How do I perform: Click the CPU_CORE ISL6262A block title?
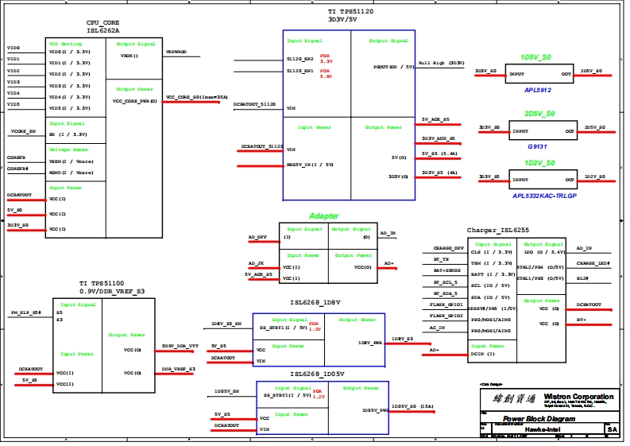point(102,26)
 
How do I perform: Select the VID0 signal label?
point(13,48)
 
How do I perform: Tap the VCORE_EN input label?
point(23,130)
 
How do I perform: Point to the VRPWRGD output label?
point(176,52)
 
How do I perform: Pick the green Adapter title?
point(323,216)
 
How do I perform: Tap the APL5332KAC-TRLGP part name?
point(544,196)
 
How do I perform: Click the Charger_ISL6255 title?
point(498,230)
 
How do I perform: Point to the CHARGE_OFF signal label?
point(448,248)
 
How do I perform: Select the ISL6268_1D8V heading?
point(315,303)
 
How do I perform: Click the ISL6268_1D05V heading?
point(317,373)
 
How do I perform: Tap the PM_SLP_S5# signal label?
point(25,313)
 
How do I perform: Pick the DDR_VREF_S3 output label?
point(179,370)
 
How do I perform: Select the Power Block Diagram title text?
point(539,418)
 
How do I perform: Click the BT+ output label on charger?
point(582,320)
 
